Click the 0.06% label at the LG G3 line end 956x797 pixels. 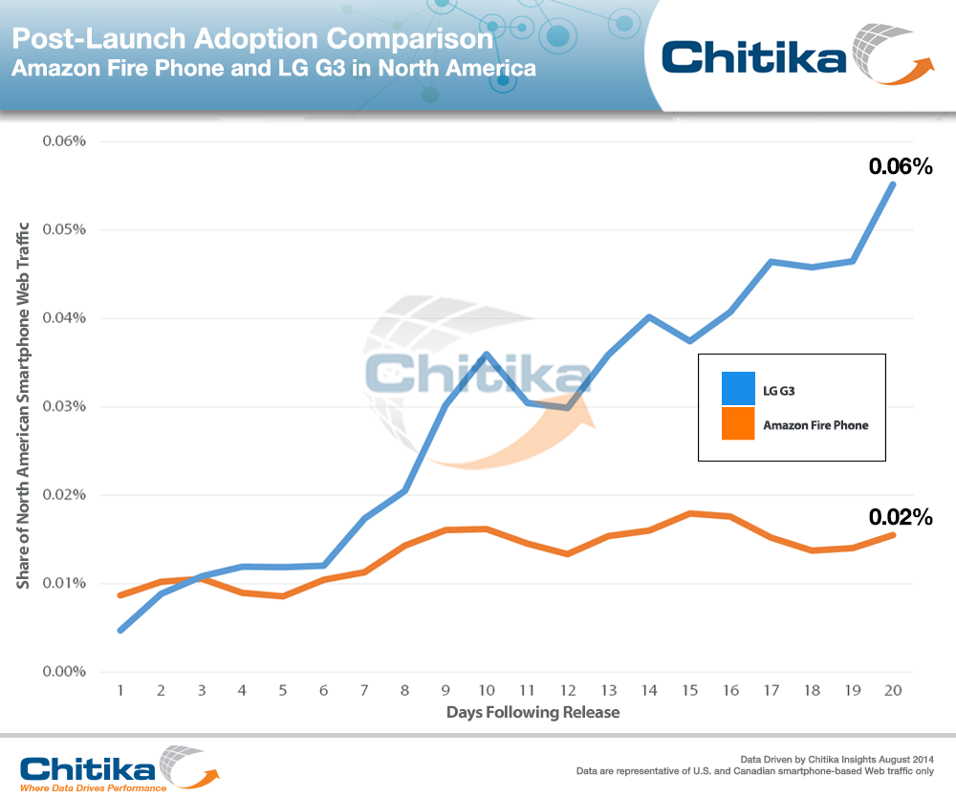900,166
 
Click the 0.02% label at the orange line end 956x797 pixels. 900,518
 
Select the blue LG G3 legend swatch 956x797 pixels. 738,389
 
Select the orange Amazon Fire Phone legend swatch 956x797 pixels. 738,424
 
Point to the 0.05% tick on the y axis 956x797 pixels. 63,229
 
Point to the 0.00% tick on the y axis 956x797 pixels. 63,672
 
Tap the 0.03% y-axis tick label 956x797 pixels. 63,406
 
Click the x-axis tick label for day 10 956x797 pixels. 488,690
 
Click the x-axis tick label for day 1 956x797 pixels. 120,690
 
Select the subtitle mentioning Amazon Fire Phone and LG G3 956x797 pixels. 273,70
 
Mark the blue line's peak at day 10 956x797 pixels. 488,354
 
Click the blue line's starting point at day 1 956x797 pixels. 120,631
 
